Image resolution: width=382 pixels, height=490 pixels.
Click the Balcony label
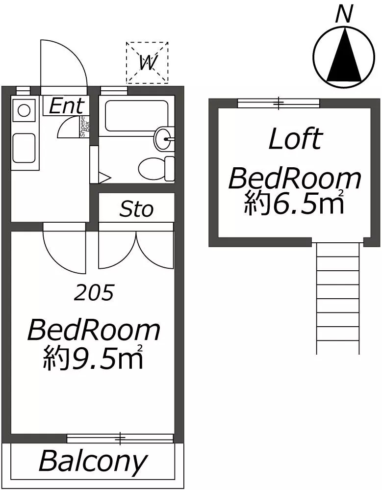pyautogui.click(x=93, y=462)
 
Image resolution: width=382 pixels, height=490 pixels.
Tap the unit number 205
pyautogui.click(x=94, y=292)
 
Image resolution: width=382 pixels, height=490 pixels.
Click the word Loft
pyautogui.click(x=295, y=139)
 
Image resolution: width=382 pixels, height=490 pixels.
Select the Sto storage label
pyautogui.click(x=136, y=209)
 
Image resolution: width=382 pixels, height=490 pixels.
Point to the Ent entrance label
pyautogui.click(x=67, y=105)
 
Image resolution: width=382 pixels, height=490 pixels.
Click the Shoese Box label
pyautogui.click(x=85, y=127)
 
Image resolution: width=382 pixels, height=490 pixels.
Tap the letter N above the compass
pyautogui.click(x=344, y=15)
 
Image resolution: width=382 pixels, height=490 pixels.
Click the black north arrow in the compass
pyautogui.click(x=344, y=54)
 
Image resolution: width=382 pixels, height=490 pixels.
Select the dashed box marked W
pyautogui.click(x=147, y=62)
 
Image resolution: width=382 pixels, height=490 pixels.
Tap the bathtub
pyautogui.click(x=137, y=116)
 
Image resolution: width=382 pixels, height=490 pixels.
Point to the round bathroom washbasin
pyautogui.click(x=164, y=139)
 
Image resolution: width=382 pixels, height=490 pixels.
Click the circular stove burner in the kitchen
pyautogui.click(x=24, y=110)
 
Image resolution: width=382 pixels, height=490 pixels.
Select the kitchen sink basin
pyautogui.click(x=24, y=148)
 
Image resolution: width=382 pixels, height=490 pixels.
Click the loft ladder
pyautogui.click(x=338, y=298)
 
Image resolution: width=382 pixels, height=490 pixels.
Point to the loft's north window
pyautogui.click(x=279, y=103)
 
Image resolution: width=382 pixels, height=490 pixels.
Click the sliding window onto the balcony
pyautogui.click(x=120, y=438)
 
